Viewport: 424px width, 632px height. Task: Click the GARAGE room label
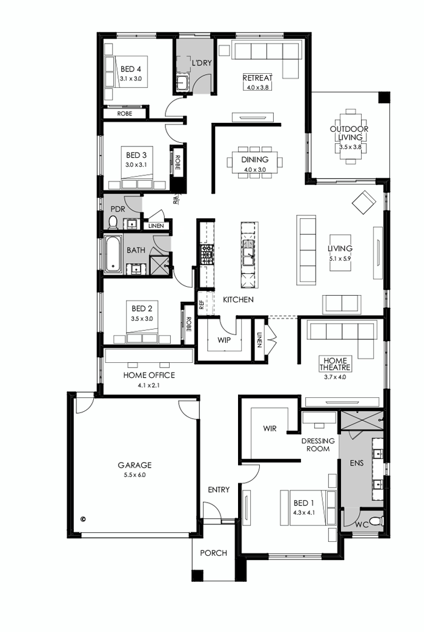coord(134,465)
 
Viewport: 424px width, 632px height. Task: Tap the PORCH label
coord(213,553)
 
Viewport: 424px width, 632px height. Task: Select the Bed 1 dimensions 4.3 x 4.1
coord(304,512)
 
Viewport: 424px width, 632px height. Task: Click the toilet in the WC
coord(375,521)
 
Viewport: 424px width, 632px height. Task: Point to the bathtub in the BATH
coord(113,255)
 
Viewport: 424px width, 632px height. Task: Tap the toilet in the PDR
coord(112,224)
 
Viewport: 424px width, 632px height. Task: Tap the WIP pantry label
coord(224,340)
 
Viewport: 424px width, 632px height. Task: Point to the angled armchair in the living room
coord(364,201)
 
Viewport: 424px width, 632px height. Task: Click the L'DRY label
coord(201,63)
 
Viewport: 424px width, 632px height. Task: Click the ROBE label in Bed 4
coord(125,113)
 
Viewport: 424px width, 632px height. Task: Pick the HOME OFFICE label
coord(149,375)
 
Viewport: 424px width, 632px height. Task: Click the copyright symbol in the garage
coord(83,518)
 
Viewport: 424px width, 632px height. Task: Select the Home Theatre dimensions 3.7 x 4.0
coord(336,377)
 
